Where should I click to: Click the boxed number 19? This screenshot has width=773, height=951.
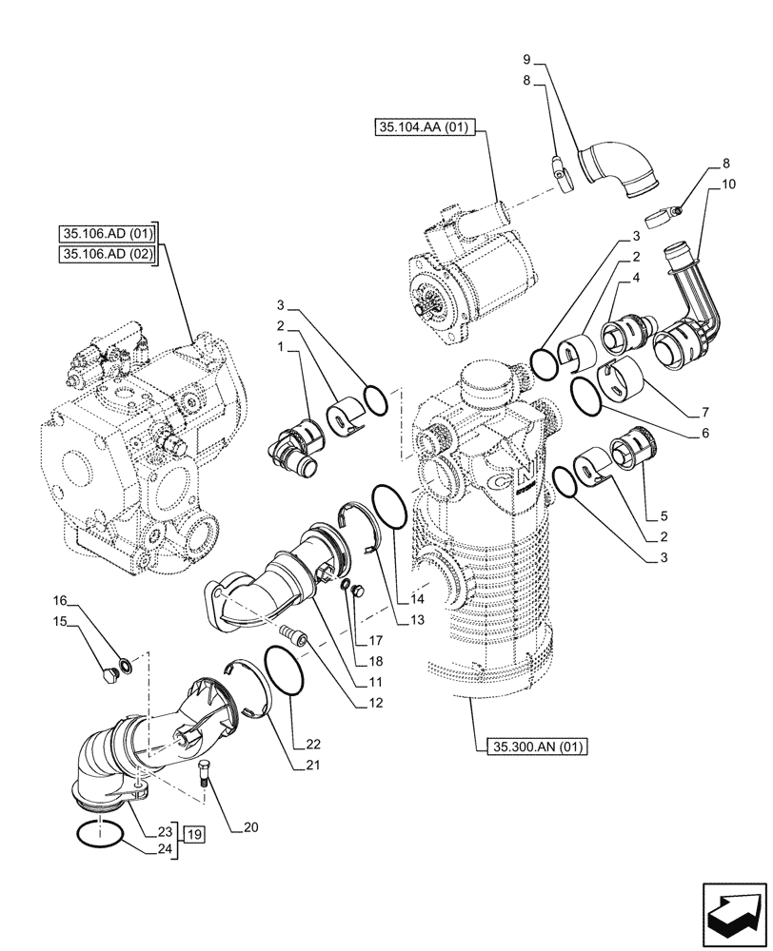194,835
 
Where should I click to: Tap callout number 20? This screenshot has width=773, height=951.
250,828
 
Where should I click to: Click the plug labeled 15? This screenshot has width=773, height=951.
109,675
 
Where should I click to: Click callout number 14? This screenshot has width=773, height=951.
416,600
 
